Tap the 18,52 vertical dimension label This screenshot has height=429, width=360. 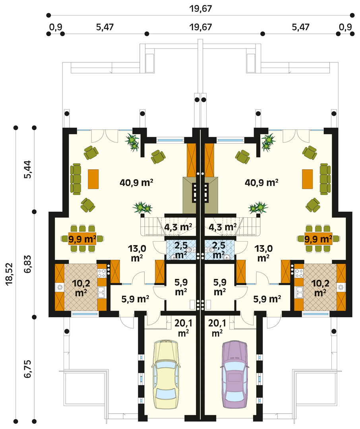[10, 274]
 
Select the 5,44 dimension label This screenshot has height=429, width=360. [28, 170]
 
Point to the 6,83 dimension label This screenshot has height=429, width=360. [28, 264]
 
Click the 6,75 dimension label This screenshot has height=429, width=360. [28, 369]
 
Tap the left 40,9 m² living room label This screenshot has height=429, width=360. [136, 182]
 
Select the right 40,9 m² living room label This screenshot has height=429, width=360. [261, 182]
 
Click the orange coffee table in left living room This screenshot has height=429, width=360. [93, 179]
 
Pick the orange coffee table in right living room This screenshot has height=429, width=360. [307, 179]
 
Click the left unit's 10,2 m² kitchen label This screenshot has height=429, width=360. [81, 288]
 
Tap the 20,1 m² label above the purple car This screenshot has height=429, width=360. [217, 328]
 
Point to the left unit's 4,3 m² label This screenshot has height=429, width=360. [178, 227]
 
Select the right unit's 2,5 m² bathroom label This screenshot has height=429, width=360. [219, 250]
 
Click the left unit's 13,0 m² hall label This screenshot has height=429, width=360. [137, 253]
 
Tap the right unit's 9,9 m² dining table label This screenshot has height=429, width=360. [318, 239]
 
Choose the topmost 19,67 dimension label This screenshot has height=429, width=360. [201, 9]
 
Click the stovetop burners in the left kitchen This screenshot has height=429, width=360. [102, 273]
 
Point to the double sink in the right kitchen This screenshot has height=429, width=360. [299, 292]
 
